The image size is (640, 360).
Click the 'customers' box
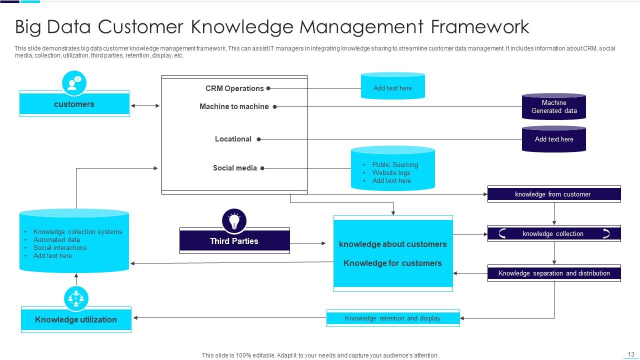point(74,104)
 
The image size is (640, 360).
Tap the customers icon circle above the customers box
point(74,83)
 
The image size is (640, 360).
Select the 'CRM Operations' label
point(234,88)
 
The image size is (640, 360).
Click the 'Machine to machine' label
point(234,106)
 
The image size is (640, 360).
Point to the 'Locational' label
point(233,139)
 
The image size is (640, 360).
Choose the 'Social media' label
point(234,168)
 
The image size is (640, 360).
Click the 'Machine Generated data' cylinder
point(553,106)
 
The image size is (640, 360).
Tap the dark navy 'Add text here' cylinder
point(553,139)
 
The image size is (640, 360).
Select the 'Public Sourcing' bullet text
point(395,164)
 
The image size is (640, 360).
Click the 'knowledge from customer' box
point(553,194)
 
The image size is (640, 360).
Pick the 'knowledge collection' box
point(553,233)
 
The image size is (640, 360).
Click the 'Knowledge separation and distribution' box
point(553,273)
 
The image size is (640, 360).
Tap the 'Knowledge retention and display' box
point(392,318)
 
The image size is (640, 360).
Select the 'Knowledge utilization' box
point(76,319)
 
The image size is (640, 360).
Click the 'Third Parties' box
point(234,241)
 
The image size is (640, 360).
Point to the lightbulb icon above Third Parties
point(234,220)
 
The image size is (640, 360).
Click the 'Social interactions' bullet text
point(60,247)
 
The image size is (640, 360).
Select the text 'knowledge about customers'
point(392,244)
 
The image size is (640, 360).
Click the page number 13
point(630,354)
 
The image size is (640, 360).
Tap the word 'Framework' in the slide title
point(480,26)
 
